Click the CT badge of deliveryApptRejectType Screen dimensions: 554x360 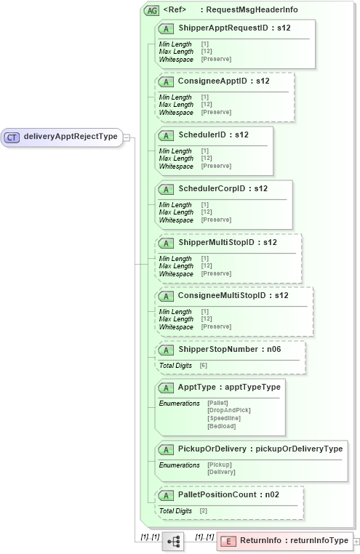tap(12, 136)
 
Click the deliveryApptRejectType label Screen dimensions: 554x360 tap(71, 136)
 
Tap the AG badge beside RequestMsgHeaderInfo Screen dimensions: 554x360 tap(152, 10)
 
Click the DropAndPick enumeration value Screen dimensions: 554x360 tap(228, 410)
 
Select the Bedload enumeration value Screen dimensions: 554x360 tap(221, 426)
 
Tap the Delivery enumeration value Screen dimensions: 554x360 tap(221, 472)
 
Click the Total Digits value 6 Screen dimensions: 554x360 tap(204, 365)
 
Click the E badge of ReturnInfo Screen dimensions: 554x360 tap(228, 541)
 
